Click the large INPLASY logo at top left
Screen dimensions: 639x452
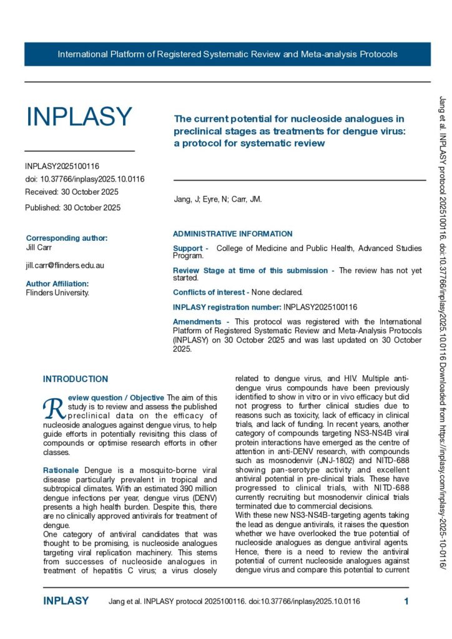79,117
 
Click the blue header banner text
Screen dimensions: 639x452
227,54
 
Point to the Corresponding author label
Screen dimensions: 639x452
67,238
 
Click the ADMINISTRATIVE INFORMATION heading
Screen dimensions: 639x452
232,234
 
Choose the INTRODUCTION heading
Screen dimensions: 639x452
75,379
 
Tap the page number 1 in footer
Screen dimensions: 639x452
406,602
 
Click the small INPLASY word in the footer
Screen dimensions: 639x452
66,602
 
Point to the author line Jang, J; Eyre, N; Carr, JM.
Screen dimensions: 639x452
217,200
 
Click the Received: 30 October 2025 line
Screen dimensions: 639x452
72,192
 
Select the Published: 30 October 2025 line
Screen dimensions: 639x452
73,207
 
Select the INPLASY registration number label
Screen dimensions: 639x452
227,307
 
